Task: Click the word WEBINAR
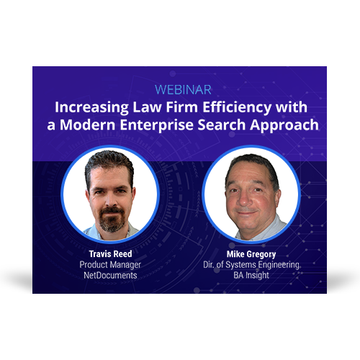pyautogui.click(x=183, y=90)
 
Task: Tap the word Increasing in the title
pyautogui.click(x=91, y=107)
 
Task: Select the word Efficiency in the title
pyautogui.click(x=237, y=107)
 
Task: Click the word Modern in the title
pyautogui.click(x=88, y=125)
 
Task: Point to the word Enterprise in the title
pyautogui.click(x=157, y=125)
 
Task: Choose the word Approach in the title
pyautogui.click(x=284, y=125)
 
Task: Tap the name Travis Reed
pyautogui.click(x=110, y=254)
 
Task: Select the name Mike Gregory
pyautogui.click(x=251, y=254)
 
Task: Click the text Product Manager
pyautogui.click(x=110, y=265)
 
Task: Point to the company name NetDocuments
pyautogui.click(x=110, y=275)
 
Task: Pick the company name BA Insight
pyautogui.click(x=251, y=275)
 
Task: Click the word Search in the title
pyautogui.click(x=222, y=125)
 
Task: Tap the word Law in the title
pyautogui.click(x=147, y=107)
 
